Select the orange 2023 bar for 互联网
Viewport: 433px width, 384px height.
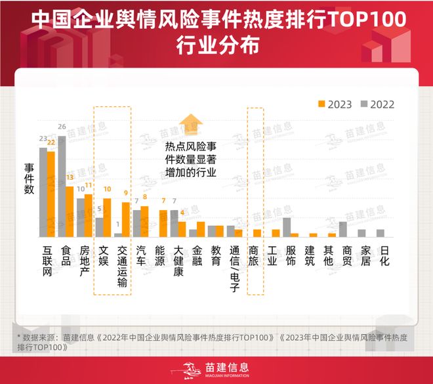click(51, 194)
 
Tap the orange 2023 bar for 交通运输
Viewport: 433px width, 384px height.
click(126, 219)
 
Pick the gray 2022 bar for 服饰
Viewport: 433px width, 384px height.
click(287, 227)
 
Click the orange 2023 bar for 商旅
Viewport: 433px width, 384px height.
click(257, 233)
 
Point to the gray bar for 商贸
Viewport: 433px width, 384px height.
click(342, 229)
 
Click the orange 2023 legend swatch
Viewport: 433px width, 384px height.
click(321, 104)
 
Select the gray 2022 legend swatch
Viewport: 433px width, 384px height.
click(363, 104)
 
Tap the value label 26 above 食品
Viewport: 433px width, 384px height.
click(62, 127)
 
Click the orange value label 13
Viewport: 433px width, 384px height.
click(70, 178)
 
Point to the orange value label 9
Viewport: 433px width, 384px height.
click(126, 193)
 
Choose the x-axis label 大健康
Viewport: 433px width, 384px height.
click(178, 261)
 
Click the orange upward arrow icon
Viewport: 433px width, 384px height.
click(191, 123)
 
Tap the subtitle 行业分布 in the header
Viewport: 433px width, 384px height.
click(216, 47)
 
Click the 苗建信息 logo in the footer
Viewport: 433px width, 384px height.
click(216, 370)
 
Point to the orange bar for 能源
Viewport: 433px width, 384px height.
click(163, 223)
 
